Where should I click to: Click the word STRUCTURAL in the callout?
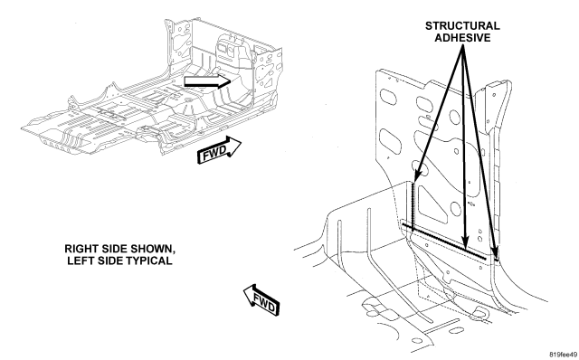[x=462, y=26]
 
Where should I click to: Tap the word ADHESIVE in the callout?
[x=462, y=38]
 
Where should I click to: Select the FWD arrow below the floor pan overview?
[x=219, y=150]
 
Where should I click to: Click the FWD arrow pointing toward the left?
[x=261, y=300]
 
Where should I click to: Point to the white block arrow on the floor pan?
[x=207, y=81]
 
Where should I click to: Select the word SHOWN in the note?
[x=151, y=249]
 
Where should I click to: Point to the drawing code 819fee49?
[x=564, y=355]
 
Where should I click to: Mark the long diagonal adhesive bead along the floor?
[x=444, y=242]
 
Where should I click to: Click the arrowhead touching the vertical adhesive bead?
[x=417, y=176]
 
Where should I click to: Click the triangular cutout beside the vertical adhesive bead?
[x=431, y=204]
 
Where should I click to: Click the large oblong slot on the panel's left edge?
[x=391, y=141]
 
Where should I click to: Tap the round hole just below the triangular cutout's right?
[x=455, y=209]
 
